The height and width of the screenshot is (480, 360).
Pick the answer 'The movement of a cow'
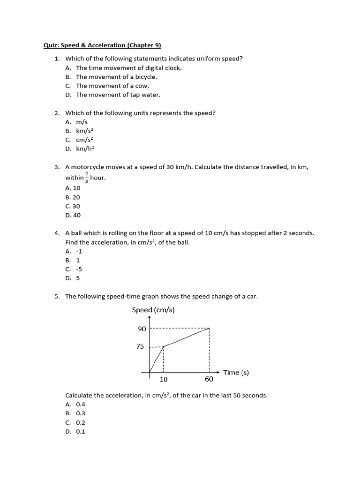(x=112, y=86)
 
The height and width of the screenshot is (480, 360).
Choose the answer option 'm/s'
(x=82, y=121)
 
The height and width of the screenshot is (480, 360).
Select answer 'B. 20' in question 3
(x=73, y=197)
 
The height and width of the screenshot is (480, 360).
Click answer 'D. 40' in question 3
(x=73, y=215)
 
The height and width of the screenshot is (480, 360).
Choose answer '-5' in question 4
(x=79, y=269)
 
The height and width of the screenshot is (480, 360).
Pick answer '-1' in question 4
(x=79, y=251)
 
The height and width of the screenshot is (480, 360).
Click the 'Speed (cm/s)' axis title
(x=153, y=310)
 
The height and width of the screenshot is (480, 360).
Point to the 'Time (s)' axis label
(x=236, y=372)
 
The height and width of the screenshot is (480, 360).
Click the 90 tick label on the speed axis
(x=142, y=329)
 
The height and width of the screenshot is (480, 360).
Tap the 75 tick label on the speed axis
(x=141, y=347)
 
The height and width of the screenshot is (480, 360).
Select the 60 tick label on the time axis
(x=209, y=379)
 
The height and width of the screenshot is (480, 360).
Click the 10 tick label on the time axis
(x=164, y=379)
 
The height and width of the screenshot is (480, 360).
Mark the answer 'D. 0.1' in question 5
(x=75, y=432)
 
